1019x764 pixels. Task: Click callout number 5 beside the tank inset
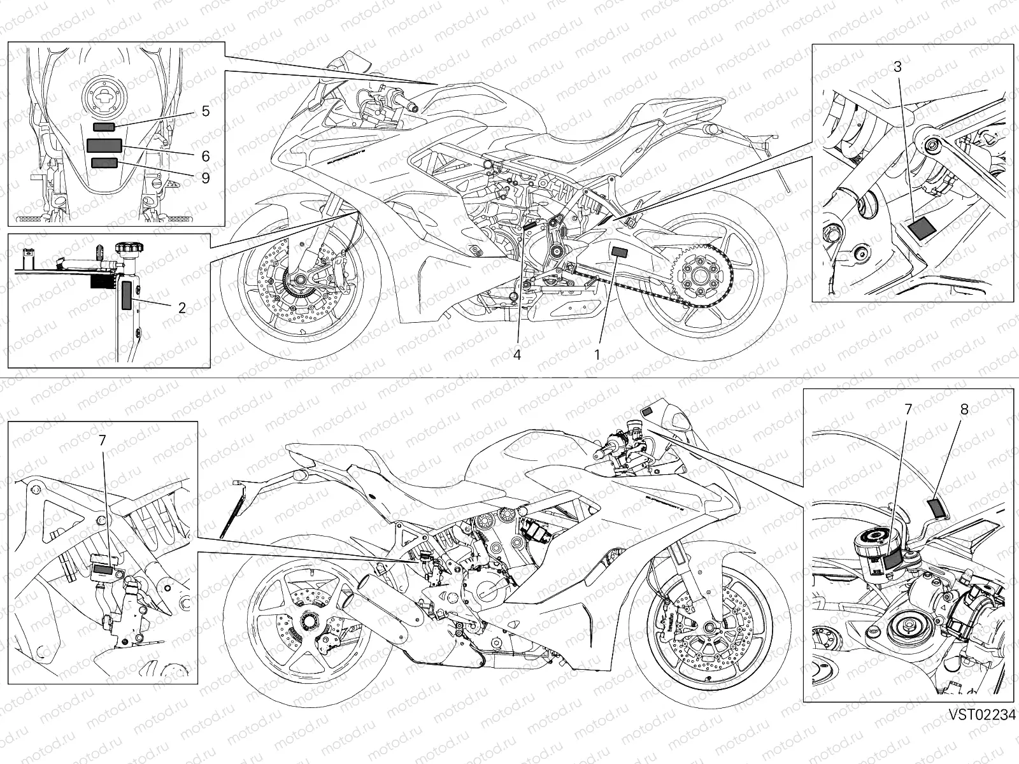pyautogui.click(x=205, y=111)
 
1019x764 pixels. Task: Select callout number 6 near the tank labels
pyautogui.click(x=205, y=156)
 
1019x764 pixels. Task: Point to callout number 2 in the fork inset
pyautogui.click(x=182, y=308)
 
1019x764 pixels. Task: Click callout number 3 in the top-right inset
pyautogui.click(x=897, y=66)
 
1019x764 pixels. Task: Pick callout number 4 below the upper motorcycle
pyautogui.click(x=517, y=355)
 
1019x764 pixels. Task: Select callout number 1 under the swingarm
pyautogui.click(x=597, y=355)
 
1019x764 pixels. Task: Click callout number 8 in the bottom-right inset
pyautogui.click(x=964, y=410)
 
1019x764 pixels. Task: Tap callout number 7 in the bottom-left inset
pyautogui.click(x=103, y=440)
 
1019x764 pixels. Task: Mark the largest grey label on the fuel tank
pyautogui.click(x=104, y=146)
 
